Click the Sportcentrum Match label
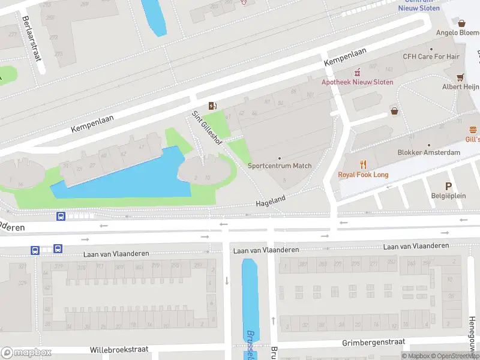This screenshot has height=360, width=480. click(x=280, y=166)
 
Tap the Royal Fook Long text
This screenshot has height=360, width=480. click(x=363, y=175)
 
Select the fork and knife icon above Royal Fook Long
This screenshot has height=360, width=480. click(x=363, y=164)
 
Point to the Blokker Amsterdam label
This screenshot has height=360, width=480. click(x=428, y=152)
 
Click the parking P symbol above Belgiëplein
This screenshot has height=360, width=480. click(x=448, y=187)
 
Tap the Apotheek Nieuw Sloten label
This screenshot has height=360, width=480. click(x=358, y=82)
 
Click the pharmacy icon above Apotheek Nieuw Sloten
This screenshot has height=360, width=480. click(x=357, y=72)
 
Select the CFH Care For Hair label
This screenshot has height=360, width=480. click(x=430, y=56)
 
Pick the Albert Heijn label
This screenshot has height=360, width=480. click(x=460, y=86)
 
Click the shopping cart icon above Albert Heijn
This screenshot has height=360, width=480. click(x=460, y=77)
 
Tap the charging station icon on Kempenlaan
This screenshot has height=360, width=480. click(x=212, y=106)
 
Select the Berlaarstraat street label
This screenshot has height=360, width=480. click(x=31, y=37)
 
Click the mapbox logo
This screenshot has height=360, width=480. click(x=26, y=352)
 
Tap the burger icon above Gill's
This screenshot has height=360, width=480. click(x=473, y=130)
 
